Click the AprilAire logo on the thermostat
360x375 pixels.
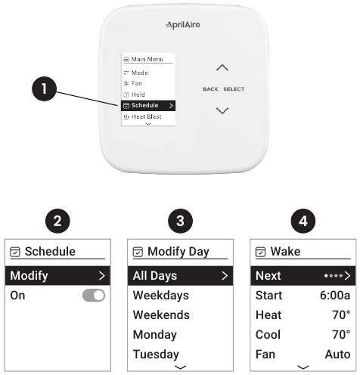pyautogui.click(x=183, y=25)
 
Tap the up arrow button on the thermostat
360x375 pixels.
pyautogui.click(x=222, y=67)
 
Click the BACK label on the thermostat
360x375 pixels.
pyautogui.click(x=210, y=89)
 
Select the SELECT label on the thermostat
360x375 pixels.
pyautogui.click(x=234, y=89)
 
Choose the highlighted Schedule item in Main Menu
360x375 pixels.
pyautogui.click(x=148, y=105)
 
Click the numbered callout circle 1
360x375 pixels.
pyautogui.click(x=44, y=88)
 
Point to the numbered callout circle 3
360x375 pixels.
pyautogui.click(x=180, y=221)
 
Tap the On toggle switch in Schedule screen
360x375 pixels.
pyautogui.click(x=94, y=296)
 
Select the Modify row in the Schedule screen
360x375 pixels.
pyautogui.click(x=57, y=275)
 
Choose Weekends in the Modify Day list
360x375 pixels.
pyautogui.click(x=161, y=315)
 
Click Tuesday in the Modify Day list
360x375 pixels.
pyautogui.click(x=156, y=354)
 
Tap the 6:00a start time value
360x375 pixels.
pyautogui.click(x=335, y=295)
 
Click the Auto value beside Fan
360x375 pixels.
pyautogui.click(x=338, y=354)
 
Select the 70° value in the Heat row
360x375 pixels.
pyautogui.click(x=341, y=315)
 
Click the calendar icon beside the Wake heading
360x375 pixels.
pyautogui.click(x=260, y=252)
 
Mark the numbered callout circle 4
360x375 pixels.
pyautogui.click(x=303, y=221)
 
